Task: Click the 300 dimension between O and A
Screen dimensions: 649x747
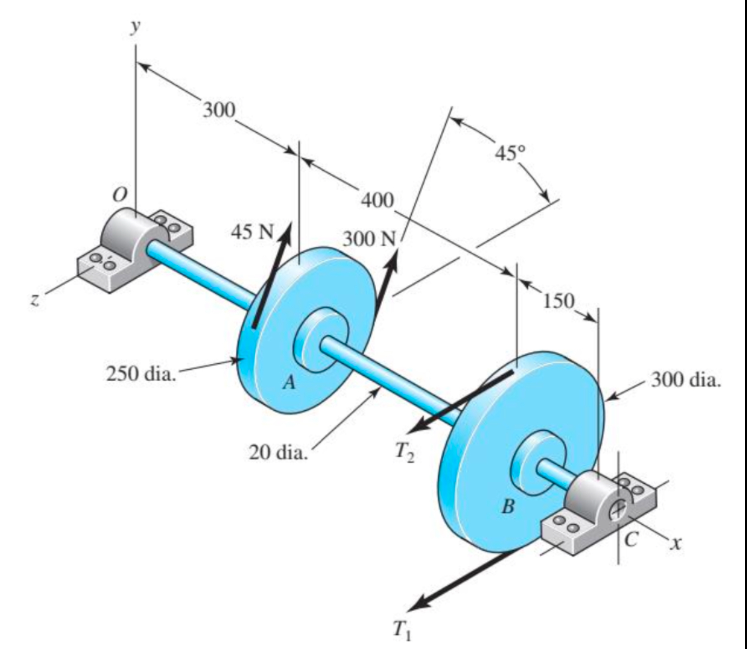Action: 219,110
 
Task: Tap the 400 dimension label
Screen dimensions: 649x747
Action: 377,200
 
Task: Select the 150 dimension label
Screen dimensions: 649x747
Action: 559,300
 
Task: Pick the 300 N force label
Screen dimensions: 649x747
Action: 369,239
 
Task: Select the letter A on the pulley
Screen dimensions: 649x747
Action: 289,382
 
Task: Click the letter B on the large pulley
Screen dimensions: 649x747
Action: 508,506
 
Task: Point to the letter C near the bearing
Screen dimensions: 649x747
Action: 631,540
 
